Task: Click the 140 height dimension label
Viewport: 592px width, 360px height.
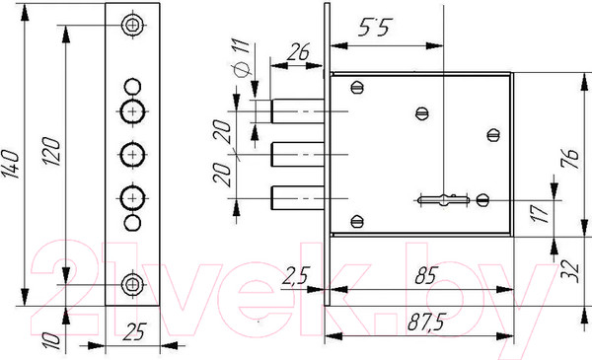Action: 10,164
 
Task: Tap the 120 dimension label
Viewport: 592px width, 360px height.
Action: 51,151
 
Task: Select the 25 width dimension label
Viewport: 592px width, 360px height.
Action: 134,331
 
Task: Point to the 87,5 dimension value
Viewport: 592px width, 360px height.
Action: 426,322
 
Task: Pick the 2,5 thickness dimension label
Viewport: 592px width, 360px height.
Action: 296,275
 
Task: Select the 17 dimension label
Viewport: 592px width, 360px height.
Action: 541,213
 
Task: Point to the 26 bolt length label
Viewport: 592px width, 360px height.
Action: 299,51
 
